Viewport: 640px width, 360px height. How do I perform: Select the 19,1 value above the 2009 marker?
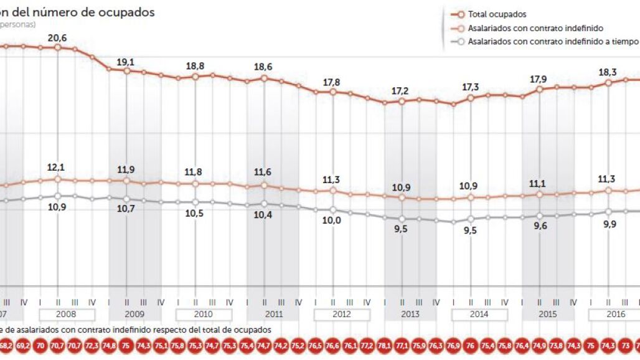coord(127,62)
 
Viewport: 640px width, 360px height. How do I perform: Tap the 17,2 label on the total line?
coord(402,91)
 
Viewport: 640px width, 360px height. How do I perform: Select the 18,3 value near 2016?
coord(608,72)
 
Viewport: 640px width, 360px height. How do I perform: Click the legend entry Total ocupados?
coord(496,14)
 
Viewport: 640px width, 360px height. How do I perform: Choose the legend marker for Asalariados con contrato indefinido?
coord(459,28)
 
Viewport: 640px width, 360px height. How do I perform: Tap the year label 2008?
coord(67,315)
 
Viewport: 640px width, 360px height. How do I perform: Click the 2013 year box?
coord(410,315)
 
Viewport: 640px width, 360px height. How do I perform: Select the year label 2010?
coord(204,315)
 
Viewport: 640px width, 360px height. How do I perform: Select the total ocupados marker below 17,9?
coord(540,89)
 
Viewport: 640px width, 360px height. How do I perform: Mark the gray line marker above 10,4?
coord(265,204)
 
